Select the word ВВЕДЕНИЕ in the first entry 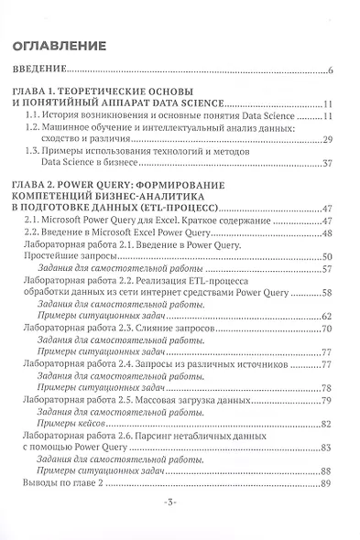[x=44, y=70]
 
